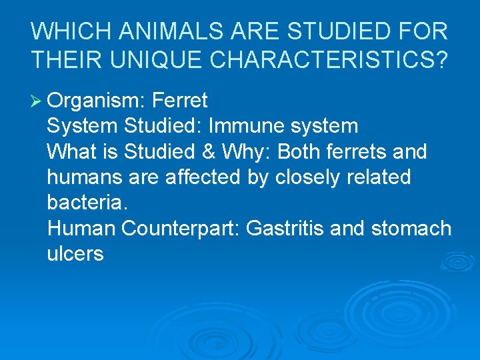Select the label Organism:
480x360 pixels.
[x=96, y=101]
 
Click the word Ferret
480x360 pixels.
[x=179, y=101]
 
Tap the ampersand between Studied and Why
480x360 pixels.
[x=209, y=152]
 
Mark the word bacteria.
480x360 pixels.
[x=77, y=203]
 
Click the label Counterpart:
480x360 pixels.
[x=181, y=229]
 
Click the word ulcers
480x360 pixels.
[x=75, y=255]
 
